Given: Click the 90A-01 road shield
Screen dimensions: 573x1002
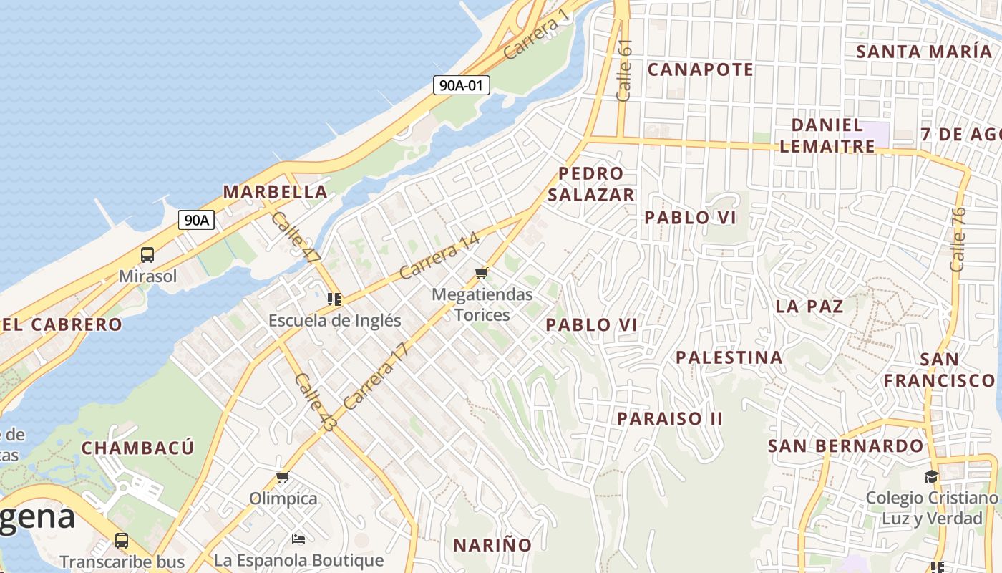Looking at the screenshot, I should (461, 85).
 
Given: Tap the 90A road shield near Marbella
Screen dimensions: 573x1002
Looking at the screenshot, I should (196, 220).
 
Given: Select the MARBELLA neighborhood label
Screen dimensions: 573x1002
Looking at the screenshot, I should (275, 192).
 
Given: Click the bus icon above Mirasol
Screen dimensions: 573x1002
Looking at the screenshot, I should (147, 254).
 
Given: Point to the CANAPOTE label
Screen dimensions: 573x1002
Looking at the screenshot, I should (700, 69).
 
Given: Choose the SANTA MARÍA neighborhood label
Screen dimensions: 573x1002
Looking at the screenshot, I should (923, 52).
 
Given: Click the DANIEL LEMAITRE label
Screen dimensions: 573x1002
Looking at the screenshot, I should (827, 135).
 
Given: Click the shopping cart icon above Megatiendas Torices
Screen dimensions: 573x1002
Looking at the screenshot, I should (482, 273).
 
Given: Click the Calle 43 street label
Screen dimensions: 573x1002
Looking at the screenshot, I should (315, 403).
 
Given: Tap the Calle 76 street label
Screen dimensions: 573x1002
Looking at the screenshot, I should (958, 239).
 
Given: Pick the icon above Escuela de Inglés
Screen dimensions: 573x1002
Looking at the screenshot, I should (334, 299).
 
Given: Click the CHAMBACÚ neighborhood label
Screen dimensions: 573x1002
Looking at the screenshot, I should (137, 448).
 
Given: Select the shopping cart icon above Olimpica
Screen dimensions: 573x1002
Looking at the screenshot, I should (283, 477).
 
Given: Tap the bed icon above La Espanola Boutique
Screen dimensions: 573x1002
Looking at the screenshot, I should (298, 539).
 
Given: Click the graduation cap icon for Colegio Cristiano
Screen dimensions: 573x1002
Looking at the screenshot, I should (930, 476).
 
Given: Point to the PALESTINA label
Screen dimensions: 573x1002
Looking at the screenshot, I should (729, 357).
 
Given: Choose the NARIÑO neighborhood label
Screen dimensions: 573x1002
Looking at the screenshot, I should (492, 545).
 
